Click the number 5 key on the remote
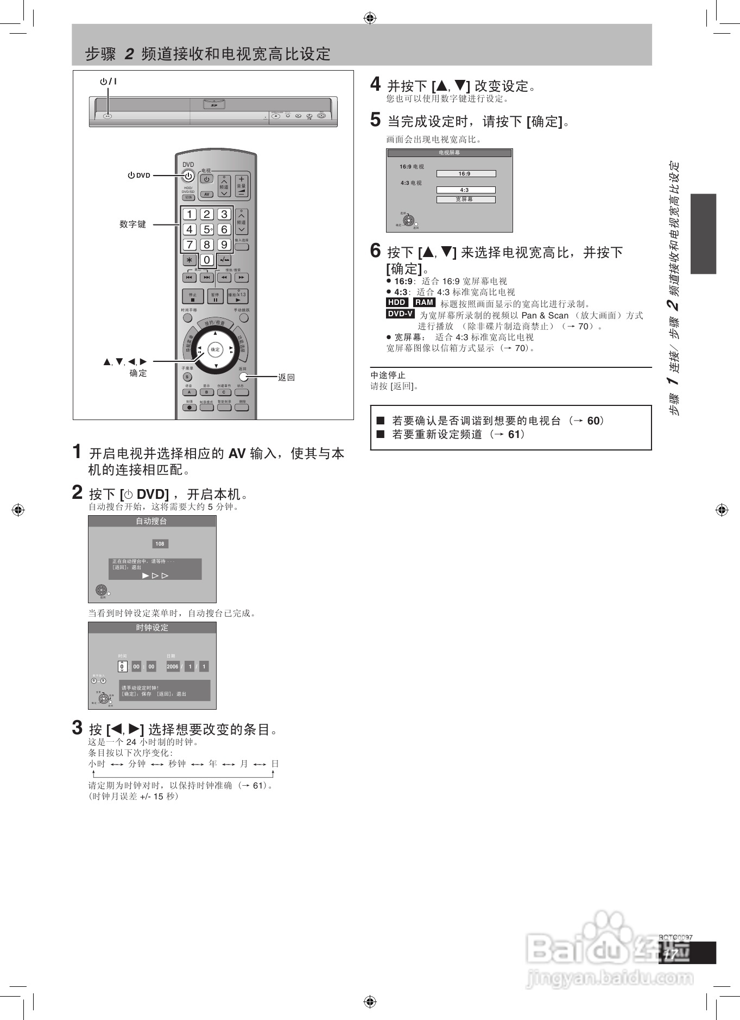tap(207, 230)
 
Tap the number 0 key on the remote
tap(207, 260)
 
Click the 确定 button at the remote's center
tap(216, 349)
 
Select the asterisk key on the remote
tap(189, 260)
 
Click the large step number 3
tap(78, 728)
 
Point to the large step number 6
tap(376, 251)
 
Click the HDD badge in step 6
tap(397, 303)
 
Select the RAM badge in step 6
tap(424, 303)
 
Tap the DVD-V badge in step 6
tap(400, 314)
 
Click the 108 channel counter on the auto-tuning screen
tap(160, 544)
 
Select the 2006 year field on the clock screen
tap(173, 667)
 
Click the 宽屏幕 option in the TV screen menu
tap(465, 199)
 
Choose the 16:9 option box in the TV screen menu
tap(465, 174)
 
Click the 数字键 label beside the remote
tap(133, 224)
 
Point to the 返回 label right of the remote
tap(286, 378)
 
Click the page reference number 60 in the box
tap(593, 421)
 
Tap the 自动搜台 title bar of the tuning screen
tap(152, 522)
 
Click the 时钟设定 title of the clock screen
tap(152, 628)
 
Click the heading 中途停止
tap(388, 376)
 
